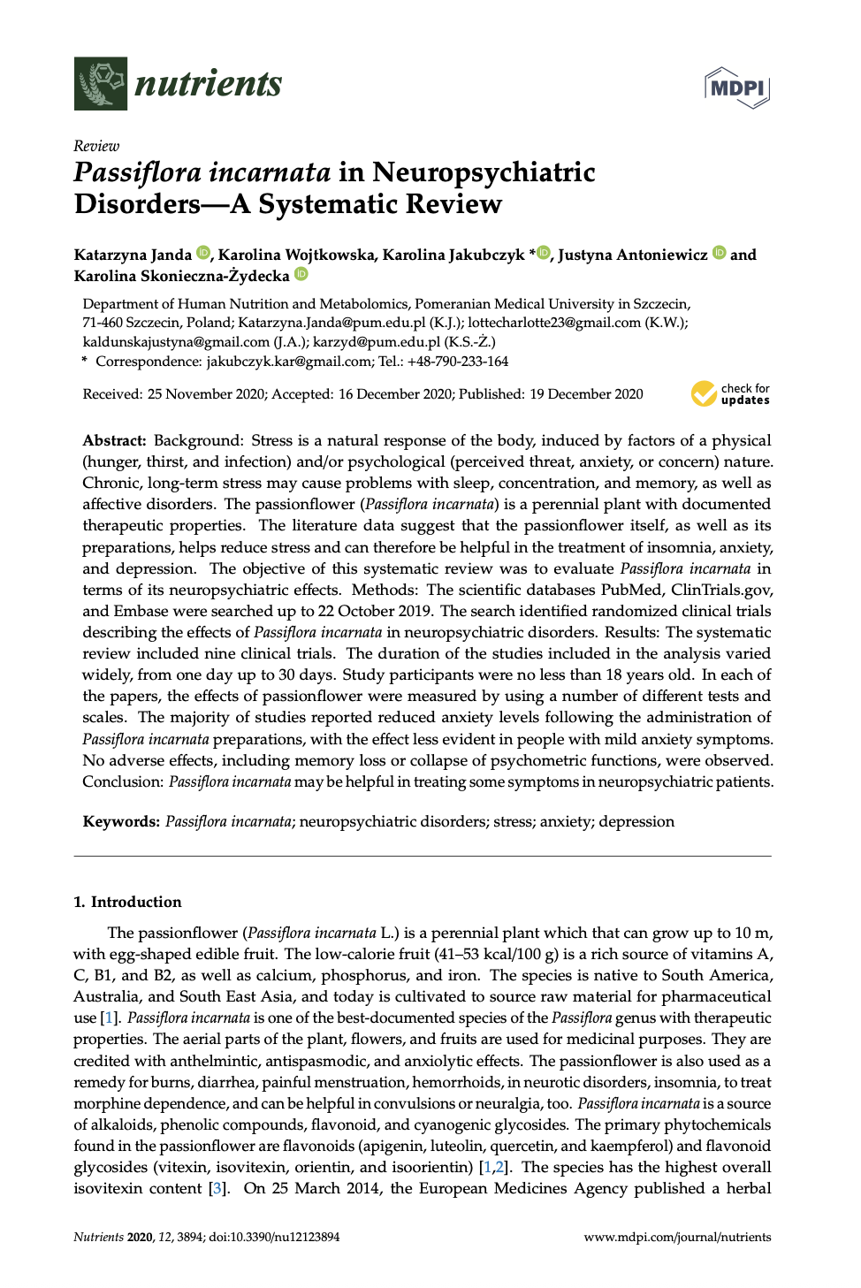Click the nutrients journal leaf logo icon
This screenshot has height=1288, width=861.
click(101, 84)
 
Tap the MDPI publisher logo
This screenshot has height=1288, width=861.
click(737, 88)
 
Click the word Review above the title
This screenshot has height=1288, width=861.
click(96, 146)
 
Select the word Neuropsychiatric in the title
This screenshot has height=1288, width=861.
click(484, 171)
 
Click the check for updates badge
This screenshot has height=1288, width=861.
click(731, 393)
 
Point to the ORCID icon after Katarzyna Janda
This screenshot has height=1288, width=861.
click(203, 253)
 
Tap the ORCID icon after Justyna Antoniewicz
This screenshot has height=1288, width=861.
click(720, 253)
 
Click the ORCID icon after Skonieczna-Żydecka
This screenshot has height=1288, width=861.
click(301, 274)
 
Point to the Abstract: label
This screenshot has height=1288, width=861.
click(114, 440)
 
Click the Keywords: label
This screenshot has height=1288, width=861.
click(121, 821)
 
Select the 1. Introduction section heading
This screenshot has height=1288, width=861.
click(127, 902)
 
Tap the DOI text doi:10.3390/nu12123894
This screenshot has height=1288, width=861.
click(274, 1237)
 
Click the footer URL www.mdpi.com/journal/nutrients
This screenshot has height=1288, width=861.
click(677, 1237)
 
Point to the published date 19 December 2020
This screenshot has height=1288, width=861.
click(586, 394)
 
